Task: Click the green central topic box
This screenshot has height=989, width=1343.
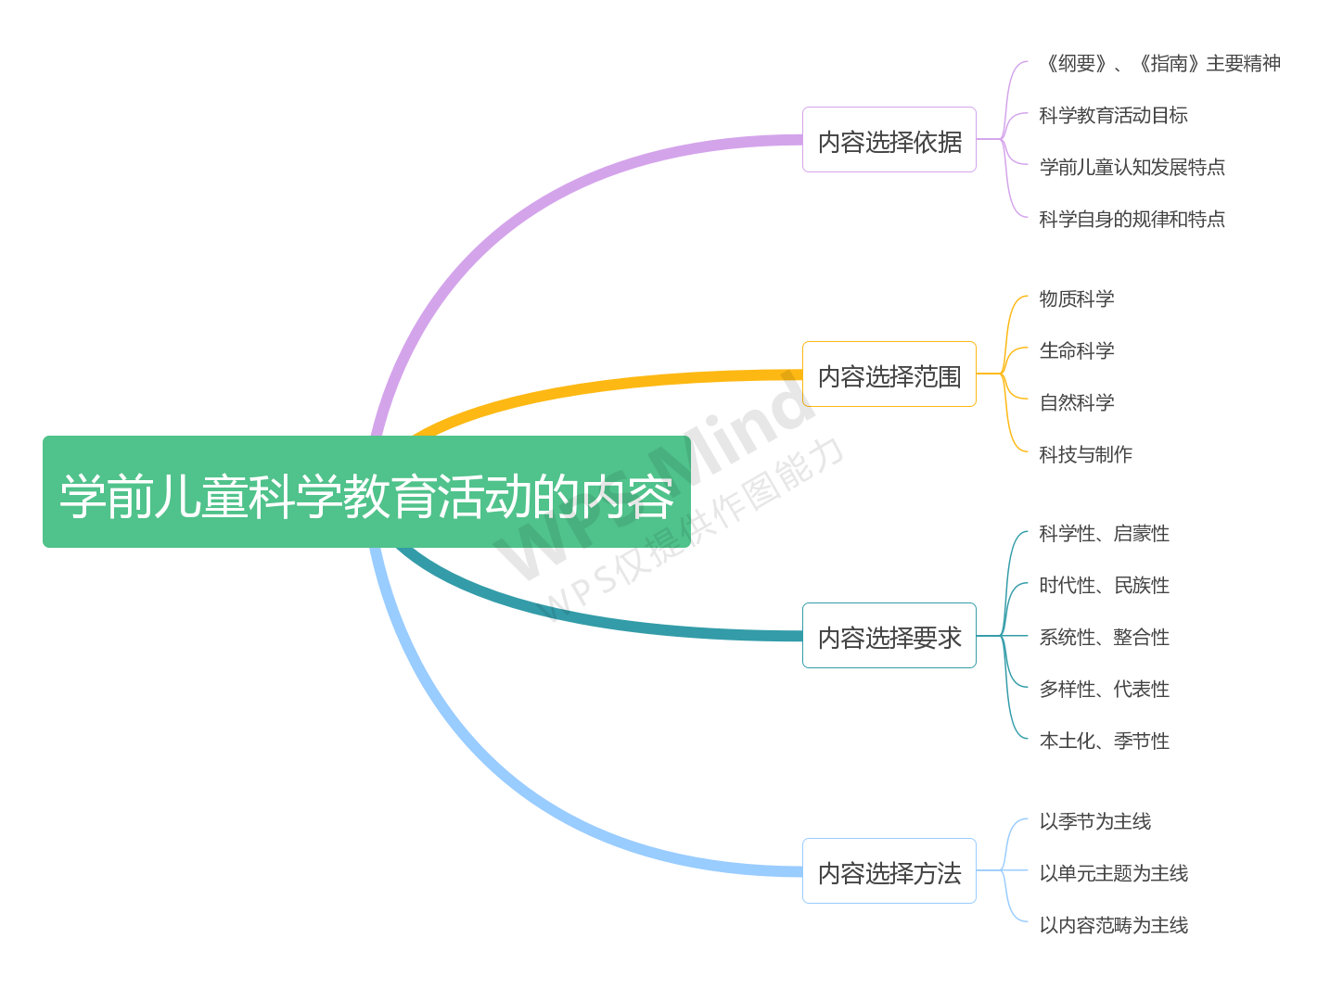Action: pyautogui.click(x=366, y=492)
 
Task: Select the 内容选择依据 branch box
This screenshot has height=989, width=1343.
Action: pyautogui.click(x=889, y=140)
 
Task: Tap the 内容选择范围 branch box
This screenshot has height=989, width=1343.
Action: pyautogui.click(x=889, y=374)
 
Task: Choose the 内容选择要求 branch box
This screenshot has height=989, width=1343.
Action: pyautogui.click(x=889, y=636)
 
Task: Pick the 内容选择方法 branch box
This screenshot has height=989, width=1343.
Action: pyautogui.click(x=889, y=871)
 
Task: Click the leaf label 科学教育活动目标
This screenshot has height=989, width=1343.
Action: pyautogui.click(x=1113, y=116)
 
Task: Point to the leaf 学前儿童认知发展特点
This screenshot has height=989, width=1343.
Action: pyautogui.click(x=1132, y=168)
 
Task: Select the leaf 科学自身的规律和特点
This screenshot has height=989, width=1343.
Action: pyautogui.click(x=1132, y=220)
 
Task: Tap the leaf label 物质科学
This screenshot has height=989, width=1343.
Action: pyautogui.click(x=1076, y=299)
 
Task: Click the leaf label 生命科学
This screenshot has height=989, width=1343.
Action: pyautogui.click(x=1076, y=351)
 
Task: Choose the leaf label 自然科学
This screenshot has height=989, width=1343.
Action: pyautogui.click(x=1076, y=403)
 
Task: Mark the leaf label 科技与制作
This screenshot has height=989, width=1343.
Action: pyautogui.click(x=1085, y=455)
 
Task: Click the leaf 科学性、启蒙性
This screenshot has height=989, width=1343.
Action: pyautogui.click(x=1104, y=534)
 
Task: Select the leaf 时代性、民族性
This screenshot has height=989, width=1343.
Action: pyautogui.click(x=1104, y=586)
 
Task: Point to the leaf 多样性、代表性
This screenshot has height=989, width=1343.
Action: pyautogui.click(x=1104, y=690)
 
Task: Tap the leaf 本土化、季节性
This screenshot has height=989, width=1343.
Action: pyautogui.click(x=1104, y=742)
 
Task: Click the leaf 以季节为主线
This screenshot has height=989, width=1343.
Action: pyautogui.click(x=1094, y=822)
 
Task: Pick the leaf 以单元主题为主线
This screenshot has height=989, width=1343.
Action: pyautogui.click(x=1113, y=874)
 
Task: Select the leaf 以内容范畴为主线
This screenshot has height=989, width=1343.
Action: pyautogui.click(x=1113, y=926)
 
